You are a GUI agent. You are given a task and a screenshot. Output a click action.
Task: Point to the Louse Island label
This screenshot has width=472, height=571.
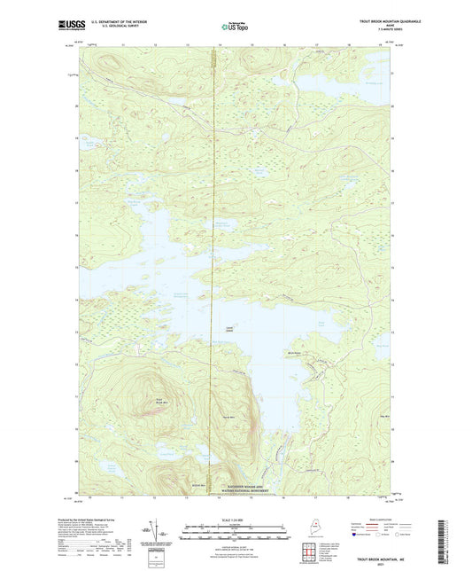pyautogui.click(x=228, y=330)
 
